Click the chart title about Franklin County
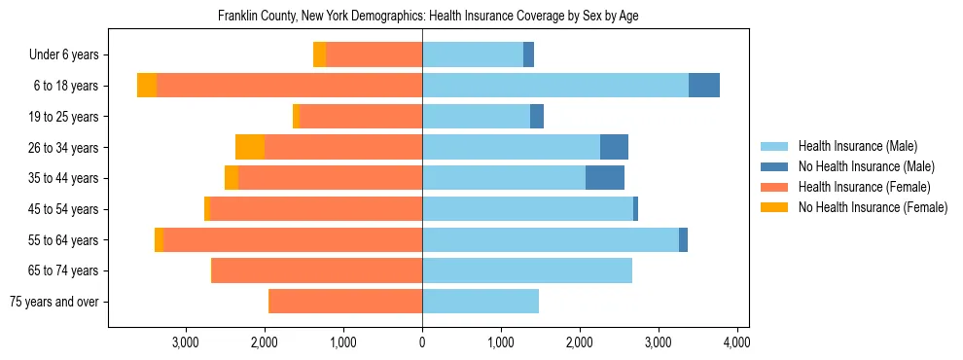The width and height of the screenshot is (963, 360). (x=428, y=16)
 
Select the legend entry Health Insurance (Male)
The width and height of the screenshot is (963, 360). (x=857, y=146)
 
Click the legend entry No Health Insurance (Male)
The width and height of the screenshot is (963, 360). (x=866, y=166)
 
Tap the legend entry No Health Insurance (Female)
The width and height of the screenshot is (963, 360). (x=873, y=207)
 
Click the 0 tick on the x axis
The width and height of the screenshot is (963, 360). (x=422, y=342)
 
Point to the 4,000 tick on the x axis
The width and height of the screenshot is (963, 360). (x=736, y=342)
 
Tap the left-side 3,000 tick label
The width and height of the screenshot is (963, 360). (x=186, y=342)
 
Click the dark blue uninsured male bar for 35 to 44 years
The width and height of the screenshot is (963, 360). (x=605, y=178)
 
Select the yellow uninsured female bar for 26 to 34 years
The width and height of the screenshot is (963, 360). (x=250, y=148)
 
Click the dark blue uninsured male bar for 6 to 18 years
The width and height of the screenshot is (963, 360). (x=704, y=86)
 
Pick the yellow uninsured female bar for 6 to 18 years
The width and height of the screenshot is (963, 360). (x=147, y=86)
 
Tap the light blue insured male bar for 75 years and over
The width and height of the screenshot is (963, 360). (x=481, y=302)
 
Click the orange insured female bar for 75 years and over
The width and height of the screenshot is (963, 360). (x=345, y=302)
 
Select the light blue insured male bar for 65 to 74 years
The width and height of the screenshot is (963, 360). (x=527, y=270)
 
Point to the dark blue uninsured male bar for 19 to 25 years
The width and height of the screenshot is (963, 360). (x=537, y=117)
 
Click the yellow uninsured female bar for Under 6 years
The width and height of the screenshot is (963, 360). (x=319, y=55)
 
